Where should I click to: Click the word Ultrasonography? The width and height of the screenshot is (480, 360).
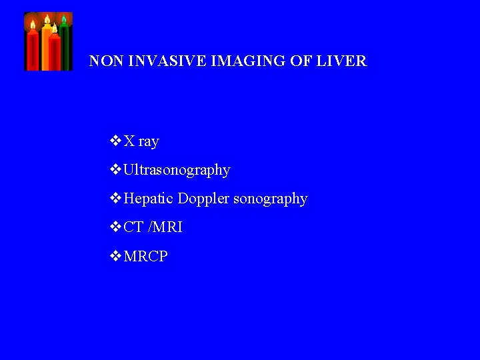point(177,170)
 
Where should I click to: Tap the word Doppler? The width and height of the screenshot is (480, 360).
point(203,199)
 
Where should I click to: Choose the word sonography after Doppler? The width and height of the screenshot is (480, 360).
point(270,199)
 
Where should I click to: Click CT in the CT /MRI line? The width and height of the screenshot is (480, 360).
point(133,227)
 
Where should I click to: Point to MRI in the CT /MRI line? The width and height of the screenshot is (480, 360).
point(167,227)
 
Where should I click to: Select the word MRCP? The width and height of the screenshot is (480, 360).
point(146,256)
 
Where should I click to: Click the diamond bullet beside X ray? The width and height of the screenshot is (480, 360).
point(115,141)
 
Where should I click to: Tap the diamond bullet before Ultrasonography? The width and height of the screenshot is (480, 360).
point(115,169)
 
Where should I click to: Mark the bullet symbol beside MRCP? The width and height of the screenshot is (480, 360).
point(115,255)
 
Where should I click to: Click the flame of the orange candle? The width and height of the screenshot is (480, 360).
point(47,20)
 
